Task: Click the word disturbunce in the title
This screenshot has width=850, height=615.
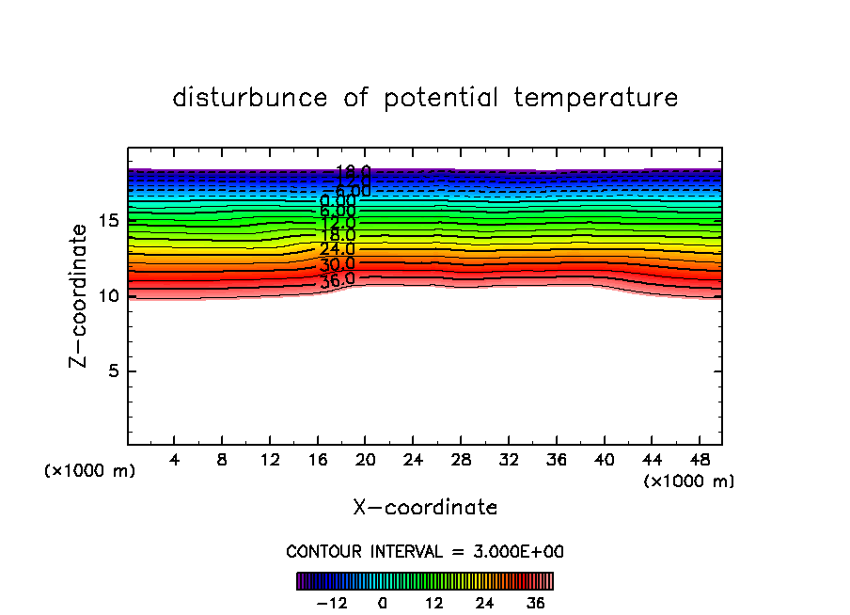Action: tap(250, 98)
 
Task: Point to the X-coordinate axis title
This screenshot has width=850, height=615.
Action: tap(425, 508)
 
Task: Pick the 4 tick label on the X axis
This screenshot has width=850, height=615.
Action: tap(174, 461)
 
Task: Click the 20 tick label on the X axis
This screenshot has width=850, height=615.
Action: tap(365, 461)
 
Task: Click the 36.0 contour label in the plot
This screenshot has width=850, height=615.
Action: tap(337, 279)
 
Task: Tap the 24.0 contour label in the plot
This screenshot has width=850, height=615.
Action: tap(337, 249)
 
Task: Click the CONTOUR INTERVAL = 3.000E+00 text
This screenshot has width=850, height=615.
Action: tap(425, 552)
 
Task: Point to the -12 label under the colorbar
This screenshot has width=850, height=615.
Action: tap(332, 603)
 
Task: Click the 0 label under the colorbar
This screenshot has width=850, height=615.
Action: tap(383, 603)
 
